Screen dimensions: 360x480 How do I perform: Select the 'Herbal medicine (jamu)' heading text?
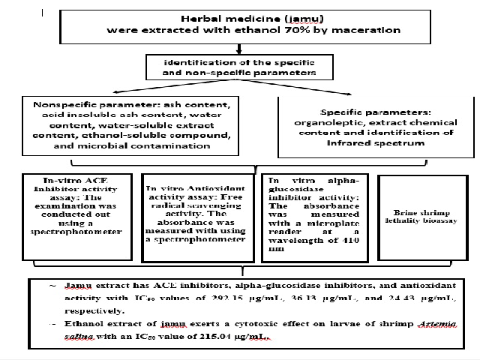click(x=238, y=18)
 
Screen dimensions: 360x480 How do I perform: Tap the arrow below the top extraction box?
click(x=239, y=49)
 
